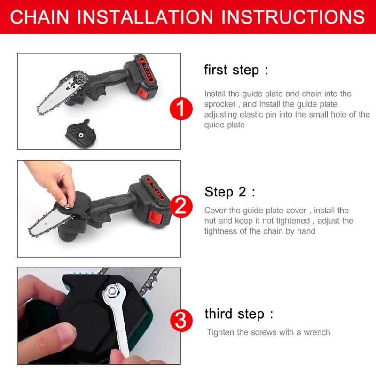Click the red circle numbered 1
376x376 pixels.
point(181,109)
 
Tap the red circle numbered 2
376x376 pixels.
point(181,206)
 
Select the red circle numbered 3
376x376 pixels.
point(181,321)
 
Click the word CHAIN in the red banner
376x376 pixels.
point(40,17)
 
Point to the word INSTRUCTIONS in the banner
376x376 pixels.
point(293,17)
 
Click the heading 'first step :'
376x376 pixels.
point(236,70)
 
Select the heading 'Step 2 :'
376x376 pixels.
point(230,192)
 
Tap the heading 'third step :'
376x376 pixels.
point(239,314)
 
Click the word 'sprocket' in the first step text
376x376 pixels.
point(220,104)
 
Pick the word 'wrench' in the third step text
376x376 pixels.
point(317,332)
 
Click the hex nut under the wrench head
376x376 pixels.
point(112,291)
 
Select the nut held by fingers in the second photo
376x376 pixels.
point(67,206)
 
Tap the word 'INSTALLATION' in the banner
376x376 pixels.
point(145,17)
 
